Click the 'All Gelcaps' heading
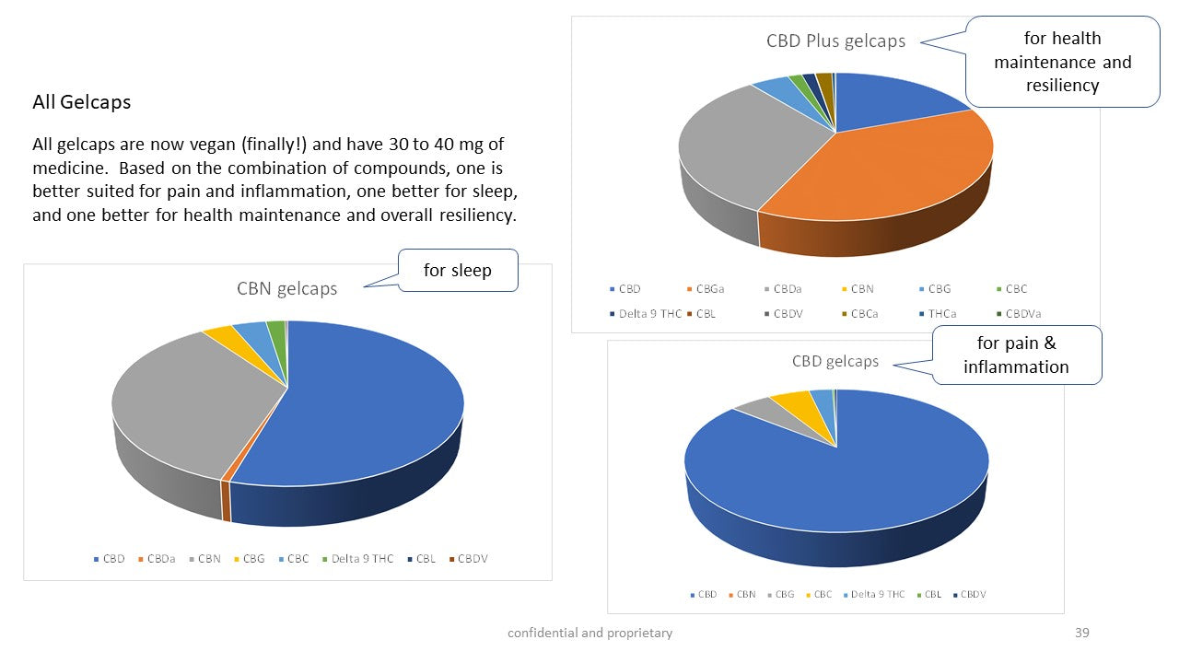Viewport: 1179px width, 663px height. point(81,102)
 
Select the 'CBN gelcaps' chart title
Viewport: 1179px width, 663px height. point(286,288)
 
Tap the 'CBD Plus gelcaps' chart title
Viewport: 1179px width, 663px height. point(835,41)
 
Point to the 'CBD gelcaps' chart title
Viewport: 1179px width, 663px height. point(835,361)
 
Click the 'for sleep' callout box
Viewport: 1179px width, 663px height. point(457,270)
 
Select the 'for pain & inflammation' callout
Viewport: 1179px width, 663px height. point(1016,355)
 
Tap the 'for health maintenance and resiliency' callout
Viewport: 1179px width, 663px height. point(1062,62)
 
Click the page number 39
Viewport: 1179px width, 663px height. point(1081,633)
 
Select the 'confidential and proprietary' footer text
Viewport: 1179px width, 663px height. point(589,633)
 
